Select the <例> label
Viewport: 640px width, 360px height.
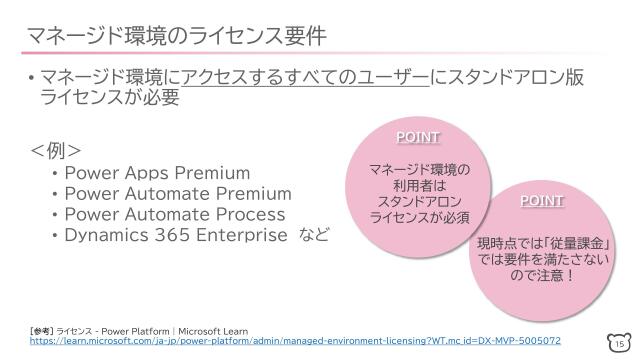click(x=56, y=151)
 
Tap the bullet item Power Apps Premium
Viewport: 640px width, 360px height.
click(x=157, y=172)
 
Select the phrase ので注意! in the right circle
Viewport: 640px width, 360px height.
click(x=542, y=276)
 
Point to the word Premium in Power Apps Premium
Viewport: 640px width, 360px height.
click(x=213, y=172)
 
